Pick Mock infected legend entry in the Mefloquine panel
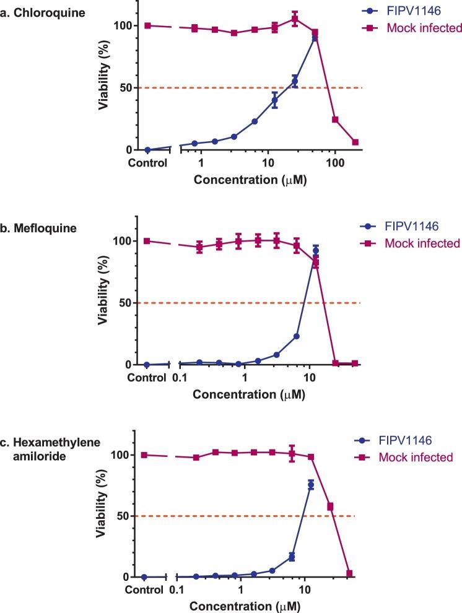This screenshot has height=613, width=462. pos(424,243)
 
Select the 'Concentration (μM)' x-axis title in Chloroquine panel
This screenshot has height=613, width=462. pos(250,181)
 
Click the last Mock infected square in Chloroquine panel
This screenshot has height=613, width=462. pos(355,142)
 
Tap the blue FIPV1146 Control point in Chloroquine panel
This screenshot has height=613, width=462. pos(147,150)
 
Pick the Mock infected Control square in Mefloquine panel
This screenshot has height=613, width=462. pos(147,241)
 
